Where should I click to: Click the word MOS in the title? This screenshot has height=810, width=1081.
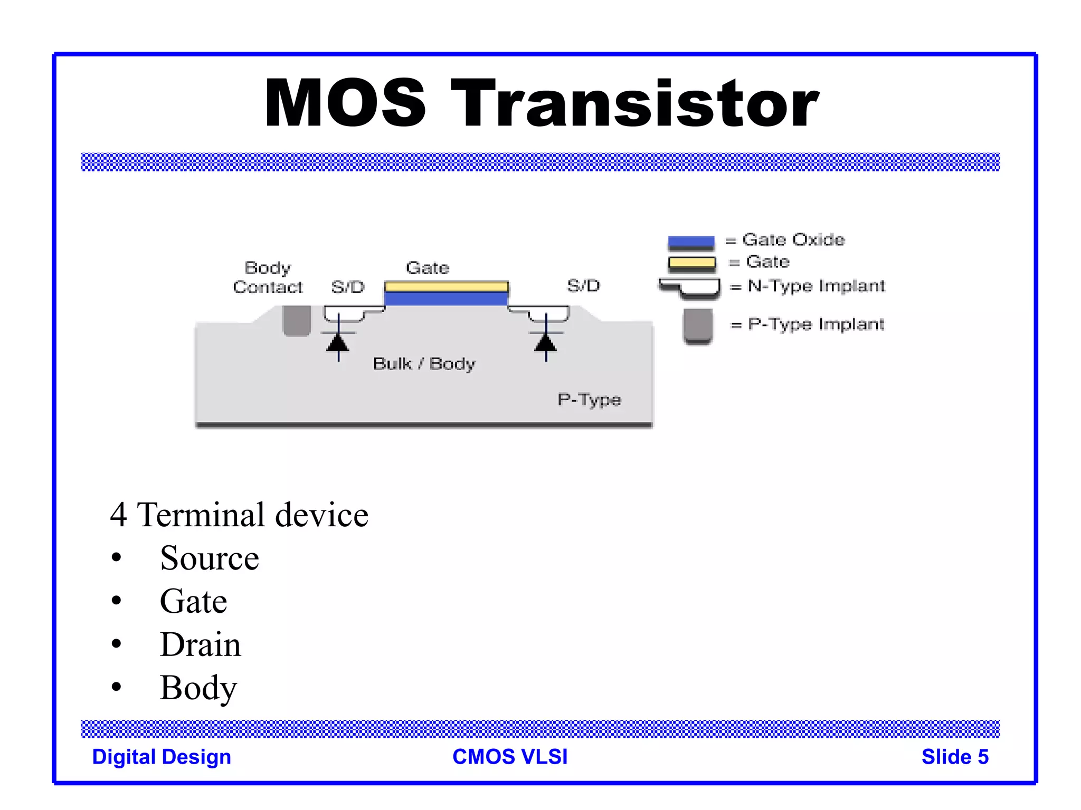coord(345,103)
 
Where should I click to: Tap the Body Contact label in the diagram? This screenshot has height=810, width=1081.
coord(268,277)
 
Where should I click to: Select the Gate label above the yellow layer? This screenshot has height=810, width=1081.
coord(428,268)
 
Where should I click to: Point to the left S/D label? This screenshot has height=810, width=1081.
coord(348,287)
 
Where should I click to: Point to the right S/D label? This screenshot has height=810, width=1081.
coord(583,286)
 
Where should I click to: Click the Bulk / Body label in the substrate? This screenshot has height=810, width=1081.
coord(424,364)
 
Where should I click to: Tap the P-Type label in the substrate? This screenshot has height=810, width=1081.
coord(589,400)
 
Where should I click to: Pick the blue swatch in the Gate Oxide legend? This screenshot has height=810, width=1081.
coord(691,243)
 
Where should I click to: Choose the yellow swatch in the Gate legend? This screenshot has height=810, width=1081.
coord(691,263)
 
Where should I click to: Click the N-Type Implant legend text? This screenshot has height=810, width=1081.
coord(816,286)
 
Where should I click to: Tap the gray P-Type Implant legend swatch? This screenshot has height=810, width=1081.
coord(697,325)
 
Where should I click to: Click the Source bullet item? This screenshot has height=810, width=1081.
coord(210,558)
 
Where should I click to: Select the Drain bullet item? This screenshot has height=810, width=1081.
coord(201,644)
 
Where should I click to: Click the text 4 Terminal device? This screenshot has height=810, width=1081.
coord(239,515)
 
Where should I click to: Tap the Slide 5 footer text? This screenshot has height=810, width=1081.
coord(954,757)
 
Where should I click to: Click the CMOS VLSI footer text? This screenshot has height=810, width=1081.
coord(510,757)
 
